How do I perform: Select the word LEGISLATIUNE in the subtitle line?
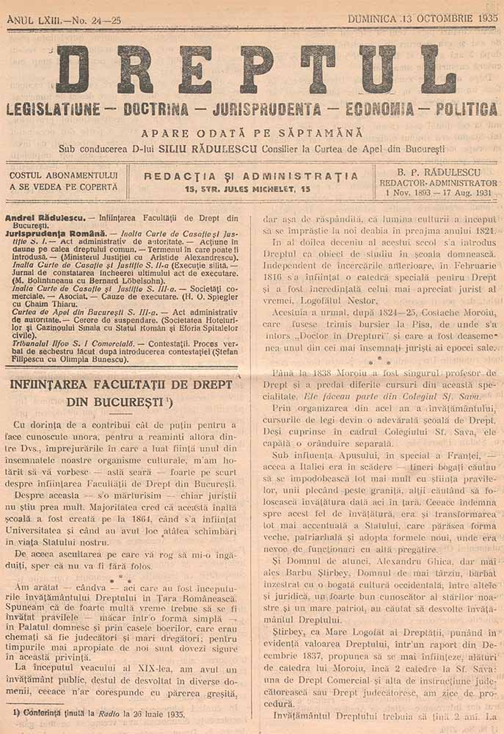[53, 110]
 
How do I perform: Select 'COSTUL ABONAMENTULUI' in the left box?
[64, 175]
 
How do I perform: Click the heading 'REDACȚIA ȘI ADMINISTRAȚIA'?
[252, 176]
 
